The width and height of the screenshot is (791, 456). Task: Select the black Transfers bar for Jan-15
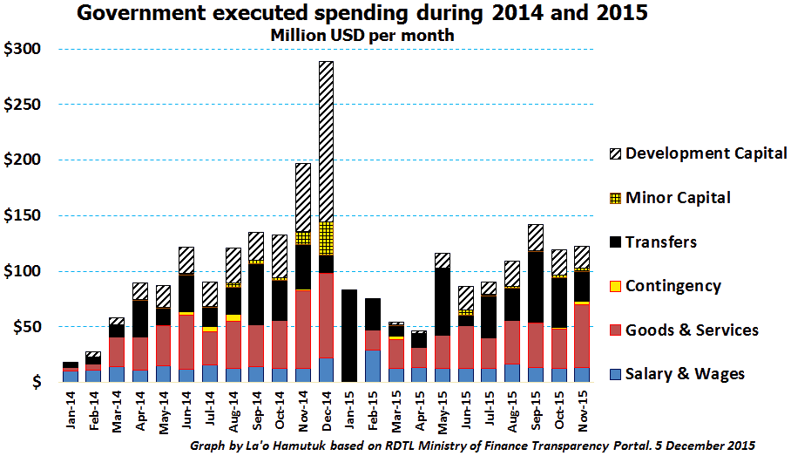pos(348,336)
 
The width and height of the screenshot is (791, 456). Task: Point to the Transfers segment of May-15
pos(443,302)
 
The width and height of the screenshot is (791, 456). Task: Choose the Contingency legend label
pos(685,286)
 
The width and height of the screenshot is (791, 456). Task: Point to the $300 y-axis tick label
pos(21,49)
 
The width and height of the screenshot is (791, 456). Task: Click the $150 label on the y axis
pos(21,216)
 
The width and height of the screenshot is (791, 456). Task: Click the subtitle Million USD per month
pos(362,36)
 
